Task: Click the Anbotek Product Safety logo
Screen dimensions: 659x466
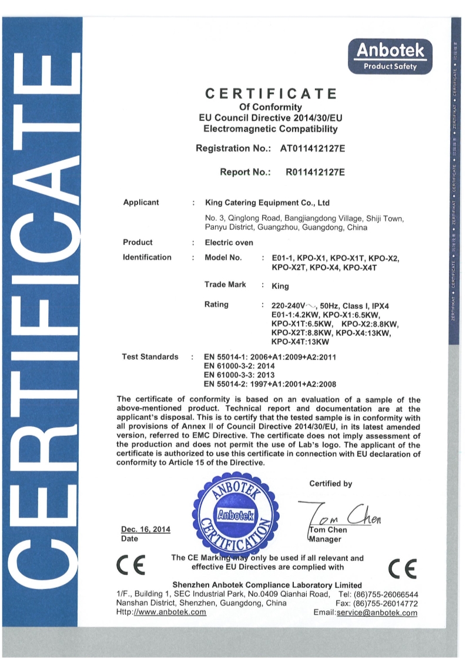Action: point(390,56)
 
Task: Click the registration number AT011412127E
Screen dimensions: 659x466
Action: point(309,149)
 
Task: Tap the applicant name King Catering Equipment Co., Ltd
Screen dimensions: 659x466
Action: point(267,203)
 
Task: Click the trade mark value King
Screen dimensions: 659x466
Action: point(280,287)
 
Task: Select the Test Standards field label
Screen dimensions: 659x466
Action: point(150,357)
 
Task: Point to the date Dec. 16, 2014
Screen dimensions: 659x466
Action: point(145,529)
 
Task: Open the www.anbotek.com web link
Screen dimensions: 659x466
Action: point(170,612)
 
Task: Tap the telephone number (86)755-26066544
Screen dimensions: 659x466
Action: point(386,594)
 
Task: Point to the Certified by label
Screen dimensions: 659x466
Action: point(331,484)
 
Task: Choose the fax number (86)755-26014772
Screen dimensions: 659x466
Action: point(386,603)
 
